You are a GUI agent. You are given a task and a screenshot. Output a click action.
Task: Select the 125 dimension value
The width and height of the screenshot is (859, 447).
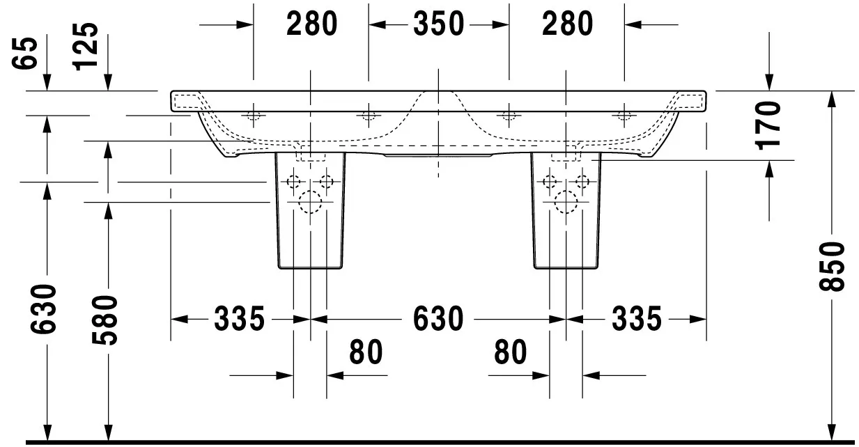pyautogui.click(x=86, y=46)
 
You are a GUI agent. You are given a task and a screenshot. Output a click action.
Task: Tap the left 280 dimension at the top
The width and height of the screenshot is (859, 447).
pyautogui.click(x=311, y=24)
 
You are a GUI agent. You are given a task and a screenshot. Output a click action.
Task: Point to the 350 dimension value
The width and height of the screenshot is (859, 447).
pyautogui.click(x=438, y=24)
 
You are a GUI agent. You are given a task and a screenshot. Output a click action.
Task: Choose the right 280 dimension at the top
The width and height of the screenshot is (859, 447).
pyautogui.click(x=567, y=24)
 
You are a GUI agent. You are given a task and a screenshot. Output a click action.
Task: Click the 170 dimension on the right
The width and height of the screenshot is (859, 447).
pyautogui.click(x=768, y=125)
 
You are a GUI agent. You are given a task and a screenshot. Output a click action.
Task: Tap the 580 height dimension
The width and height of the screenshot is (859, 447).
pyautogui.click(x=107, y=320)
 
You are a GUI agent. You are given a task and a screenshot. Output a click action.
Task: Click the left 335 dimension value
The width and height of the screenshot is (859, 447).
pyautogui.click(x=239, y=320)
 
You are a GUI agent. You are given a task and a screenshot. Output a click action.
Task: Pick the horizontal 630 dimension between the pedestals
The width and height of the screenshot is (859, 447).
pyautogui.click(x=438, y=320)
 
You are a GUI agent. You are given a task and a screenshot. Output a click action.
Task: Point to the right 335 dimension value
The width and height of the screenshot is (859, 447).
pyautogui.click(x=637, y=320)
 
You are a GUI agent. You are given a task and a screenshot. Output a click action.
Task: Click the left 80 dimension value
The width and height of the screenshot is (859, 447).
pyautogui.click(x=366, y=352)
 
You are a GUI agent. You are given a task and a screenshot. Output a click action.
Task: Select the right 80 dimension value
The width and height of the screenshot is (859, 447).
pyautogui.click(x=511, y=352)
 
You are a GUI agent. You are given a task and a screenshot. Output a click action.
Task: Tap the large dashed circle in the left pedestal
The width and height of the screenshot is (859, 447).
pyautogui.click(x=309, y=203)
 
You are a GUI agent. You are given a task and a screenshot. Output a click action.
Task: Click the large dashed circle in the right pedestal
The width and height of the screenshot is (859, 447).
pyautogui.click(x=566, y=203)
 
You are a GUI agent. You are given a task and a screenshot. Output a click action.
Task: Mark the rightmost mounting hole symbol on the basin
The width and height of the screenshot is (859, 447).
pyautogui.click(x=624, y=116)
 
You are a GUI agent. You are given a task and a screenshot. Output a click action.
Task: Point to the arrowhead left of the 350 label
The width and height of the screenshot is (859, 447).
pyautogui.click(x=377, y=25)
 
